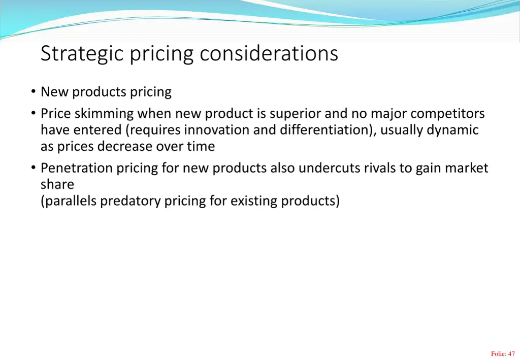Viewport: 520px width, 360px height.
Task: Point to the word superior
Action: pos(295,113)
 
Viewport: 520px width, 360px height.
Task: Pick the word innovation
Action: pos(217,130)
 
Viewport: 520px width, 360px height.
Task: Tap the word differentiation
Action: pos(325,130)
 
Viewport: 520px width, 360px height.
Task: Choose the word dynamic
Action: pos(452,130)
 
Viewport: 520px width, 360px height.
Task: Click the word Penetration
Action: pos(77,168)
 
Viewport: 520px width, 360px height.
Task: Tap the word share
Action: pos(57,184)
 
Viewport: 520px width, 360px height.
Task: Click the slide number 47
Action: pos(511,354)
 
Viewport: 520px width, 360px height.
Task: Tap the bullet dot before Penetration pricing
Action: pos(33,168)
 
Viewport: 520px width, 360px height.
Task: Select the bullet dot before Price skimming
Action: pos(33,113)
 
